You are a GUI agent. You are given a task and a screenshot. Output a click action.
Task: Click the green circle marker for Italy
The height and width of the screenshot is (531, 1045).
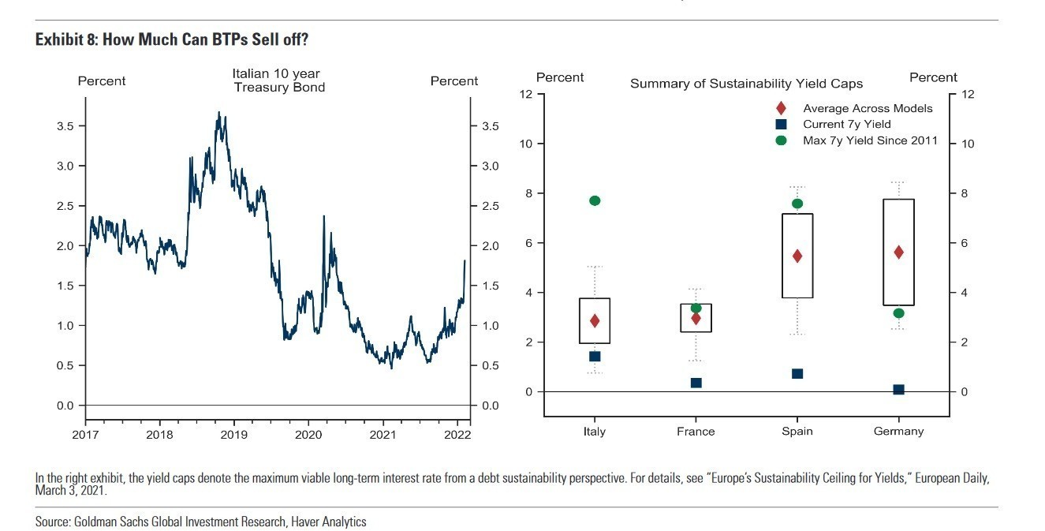coord(595,200)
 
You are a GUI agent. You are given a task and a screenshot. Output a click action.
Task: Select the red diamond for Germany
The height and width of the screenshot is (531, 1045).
coord(898,252)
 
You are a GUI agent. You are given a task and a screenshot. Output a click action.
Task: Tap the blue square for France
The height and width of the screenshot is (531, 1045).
coord(696,383)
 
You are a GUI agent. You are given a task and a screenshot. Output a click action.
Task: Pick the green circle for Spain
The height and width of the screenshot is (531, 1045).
coord(797,204)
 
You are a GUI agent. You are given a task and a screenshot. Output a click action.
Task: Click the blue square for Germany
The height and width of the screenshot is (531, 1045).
coord(898,390)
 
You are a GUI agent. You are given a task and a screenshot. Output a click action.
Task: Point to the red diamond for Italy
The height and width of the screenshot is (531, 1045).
coord(595,320)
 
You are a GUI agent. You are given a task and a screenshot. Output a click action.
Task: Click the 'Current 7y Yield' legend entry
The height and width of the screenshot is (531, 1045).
coord(846,124)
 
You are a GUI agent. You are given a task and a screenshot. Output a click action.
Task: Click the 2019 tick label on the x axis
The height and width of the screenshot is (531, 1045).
coord(234,434)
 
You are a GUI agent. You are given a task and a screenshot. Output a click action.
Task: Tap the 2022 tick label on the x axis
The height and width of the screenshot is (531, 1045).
coord(457,434)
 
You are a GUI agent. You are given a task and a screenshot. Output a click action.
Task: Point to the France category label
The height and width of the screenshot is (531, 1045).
coord(696,432)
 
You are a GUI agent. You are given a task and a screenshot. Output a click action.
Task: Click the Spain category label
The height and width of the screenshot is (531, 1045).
coord(797,432)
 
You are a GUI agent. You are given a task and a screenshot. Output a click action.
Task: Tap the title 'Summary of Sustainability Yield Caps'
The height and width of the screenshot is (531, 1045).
coord(746,84)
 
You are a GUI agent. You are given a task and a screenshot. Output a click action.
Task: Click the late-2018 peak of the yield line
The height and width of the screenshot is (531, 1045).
coord(218,112)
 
